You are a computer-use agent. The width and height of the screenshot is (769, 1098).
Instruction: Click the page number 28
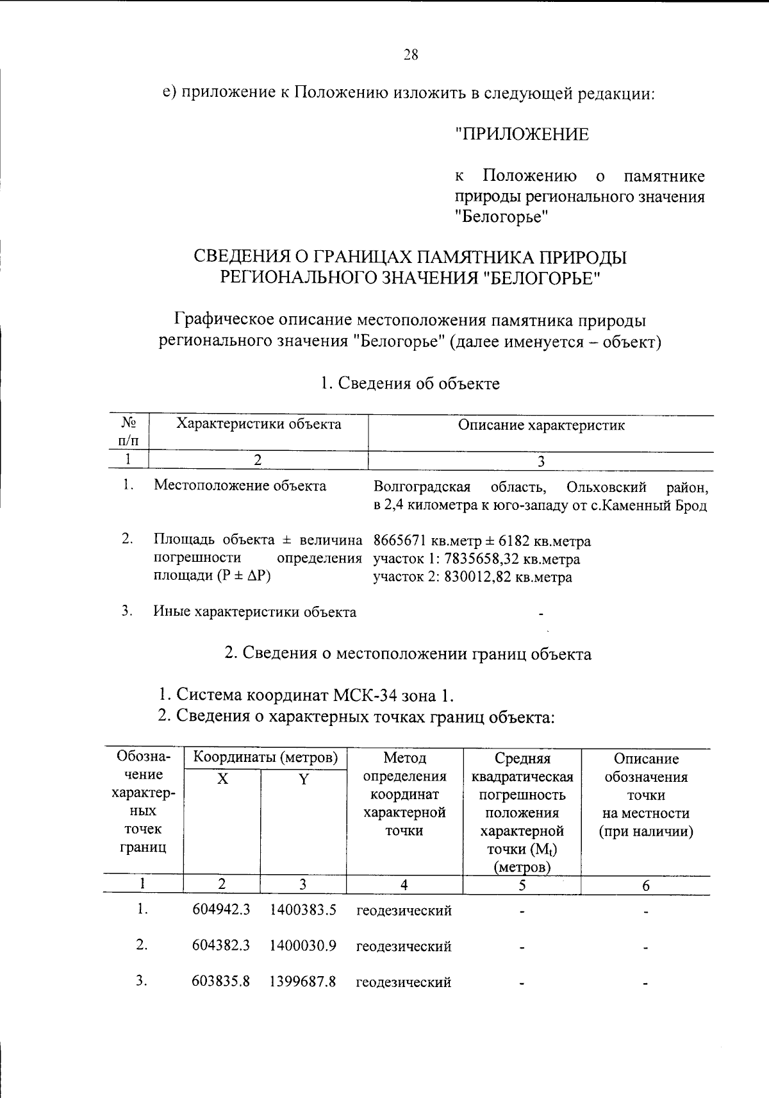tap(411, 55)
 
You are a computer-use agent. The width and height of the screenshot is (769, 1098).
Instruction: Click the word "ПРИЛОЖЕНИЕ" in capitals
tap(522, 135)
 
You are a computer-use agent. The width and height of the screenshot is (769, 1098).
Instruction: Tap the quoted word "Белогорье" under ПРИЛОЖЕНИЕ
tap(502, 217)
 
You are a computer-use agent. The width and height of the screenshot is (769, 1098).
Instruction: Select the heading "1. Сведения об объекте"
tap(410, 384)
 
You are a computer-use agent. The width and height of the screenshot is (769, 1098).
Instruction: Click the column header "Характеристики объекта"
tap(258, 424)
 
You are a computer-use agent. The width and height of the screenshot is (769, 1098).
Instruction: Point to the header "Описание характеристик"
tap(541, 425)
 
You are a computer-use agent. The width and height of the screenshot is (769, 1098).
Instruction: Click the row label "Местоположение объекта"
tap(240, 486)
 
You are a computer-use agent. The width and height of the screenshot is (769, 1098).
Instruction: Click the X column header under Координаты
tap(222, 779)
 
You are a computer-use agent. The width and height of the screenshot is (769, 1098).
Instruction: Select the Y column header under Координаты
tap(303, 779)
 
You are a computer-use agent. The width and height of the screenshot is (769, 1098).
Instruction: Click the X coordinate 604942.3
tap(221, 910)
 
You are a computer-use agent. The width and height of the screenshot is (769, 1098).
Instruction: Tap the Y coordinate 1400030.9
tap(302, 946)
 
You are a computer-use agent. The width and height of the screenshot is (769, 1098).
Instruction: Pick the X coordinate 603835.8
tap(221, 982)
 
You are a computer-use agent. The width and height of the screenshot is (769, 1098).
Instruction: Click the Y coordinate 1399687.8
tap(302, 982)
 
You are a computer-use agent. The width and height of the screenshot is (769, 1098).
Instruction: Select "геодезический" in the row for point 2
tap(404, 947)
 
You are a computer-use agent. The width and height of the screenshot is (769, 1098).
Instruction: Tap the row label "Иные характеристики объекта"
tap(254, 612)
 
